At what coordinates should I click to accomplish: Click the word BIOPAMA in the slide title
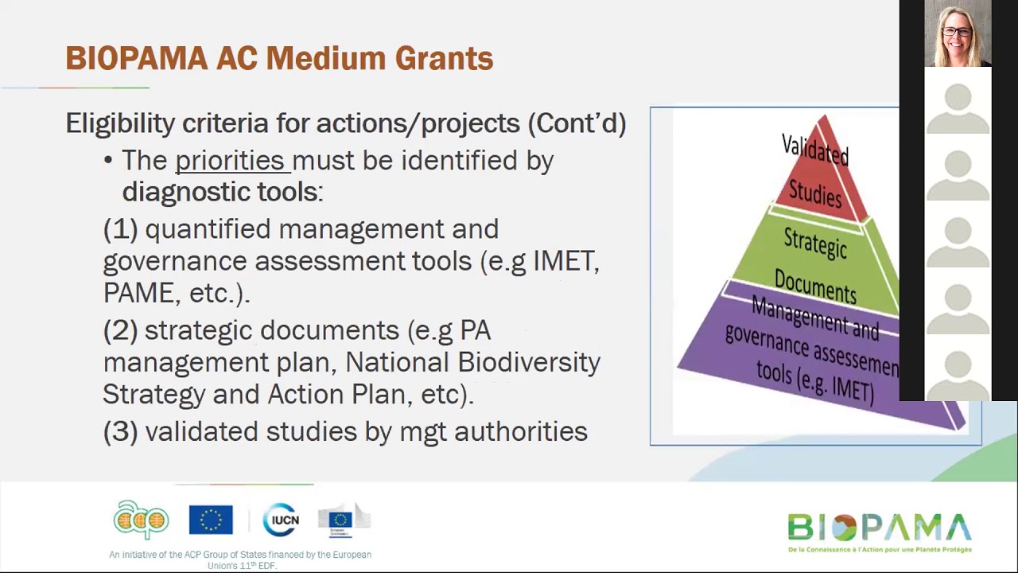[x=136, y=59]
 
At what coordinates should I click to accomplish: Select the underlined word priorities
[x=230, y=161]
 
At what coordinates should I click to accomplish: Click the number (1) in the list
[x=120, y=229]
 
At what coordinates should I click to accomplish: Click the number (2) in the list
[x=120, y=330]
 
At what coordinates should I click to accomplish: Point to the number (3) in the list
[x=120, y=431]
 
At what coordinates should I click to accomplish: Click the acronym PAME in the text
[x=138, y=293]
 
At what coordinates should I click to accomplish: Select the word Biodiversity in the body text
[x=529, y=362]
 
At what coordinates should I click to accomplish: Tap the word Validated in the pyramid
[x=815, y=150]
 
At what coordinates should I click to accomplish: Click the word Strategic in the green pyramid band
[x=815, y=244]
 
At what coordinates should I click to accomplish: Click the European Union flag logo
[x=211, y=520]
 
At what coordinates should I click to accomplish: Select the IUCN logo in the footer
[x=281, y=520]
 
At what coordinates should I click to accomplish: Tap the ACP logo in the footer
[x=141, y=520]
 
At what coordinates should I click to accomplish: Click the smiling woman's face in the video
[x=957, y=33]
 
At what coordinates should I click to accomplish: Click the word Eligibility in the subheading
[x=120, y=123]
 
